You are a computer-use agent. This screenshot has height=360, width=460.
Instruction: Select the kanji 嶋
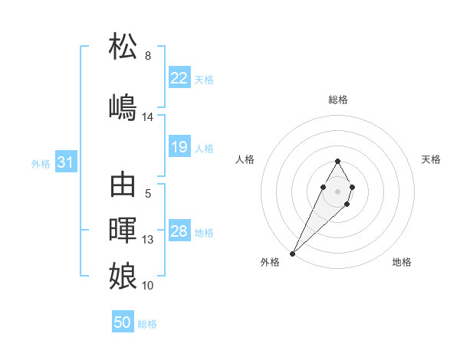pos(123,106)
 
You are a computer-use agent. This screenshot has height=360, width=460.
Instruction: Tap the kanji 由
pos(123,185)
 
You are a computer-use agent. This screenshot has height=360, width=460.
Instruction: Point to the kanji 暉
pos(123,230)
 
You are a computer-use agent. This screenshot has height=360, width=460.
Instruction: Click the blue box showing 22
pos(179,78)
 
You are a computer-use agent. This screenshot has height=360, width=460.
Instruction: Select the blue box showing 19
pos(179,147)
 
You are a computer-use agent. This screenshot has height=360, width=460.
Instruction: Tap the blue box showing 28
pos(179,232)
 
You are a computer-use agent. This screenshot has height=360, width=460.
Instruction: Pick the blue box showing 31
pos(66,162)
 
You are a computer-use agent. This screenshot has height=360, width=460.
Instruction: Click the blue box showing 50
pos(123,323)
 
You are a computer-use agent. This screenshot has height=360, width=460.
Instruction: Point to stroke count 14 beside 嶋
pos(148,116)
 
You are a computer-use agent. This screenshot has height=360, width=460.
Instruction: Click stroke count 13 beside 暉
pos(148,240)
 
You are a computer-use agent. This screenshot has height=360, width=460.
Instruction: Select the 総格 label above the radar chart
pos(338,100)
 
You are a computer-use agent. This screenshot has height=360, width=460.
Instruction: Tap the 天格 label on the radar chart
pos(432,159)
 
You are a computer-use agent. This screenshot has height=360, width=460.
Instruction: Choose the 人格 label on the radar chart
pos(245,159)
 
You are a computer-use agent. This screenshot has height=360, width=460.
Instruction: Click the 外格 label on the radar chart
pos(270,262)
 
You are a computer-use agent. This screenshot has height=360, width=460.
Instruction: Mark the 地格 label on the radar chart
pos(402,262)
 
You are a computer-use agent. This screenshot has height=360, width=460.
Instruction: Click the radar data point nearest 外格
pos(292,253)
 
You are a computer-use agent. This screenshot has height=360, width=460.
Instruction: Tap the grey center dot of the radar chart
pos(337,190)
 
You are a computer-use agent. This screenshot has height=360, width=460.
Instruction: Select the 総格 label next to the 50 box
pos(147,324)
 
